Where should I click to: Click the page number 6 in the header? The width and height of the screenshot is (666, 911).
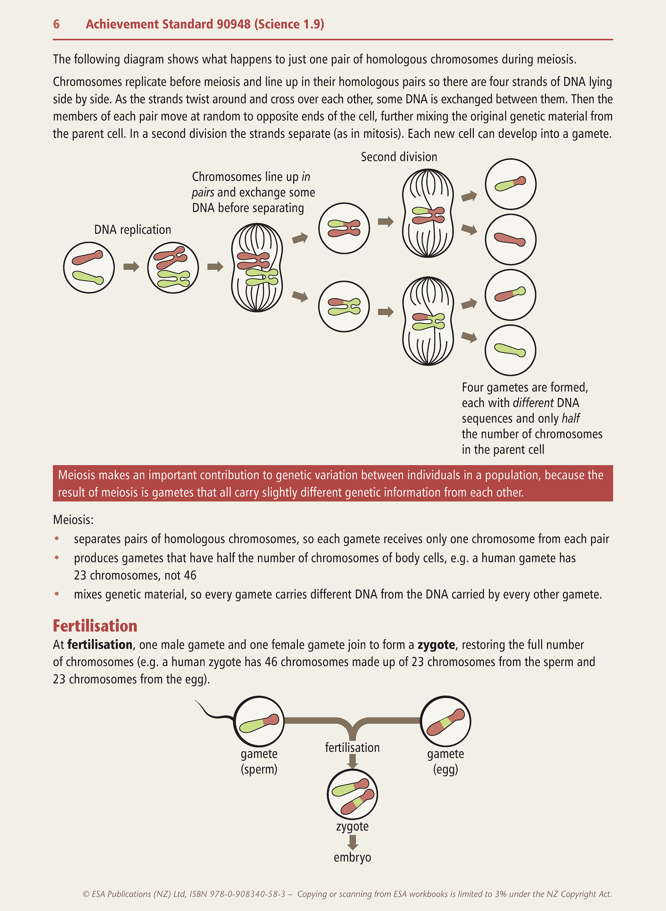56,24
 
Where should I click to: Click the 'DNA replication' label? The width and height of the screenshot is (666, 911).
133,230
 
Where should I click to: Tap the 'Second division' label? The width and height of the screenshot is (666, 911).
399,157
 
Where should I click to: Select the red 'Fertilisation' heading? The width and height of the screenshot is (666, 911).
95,626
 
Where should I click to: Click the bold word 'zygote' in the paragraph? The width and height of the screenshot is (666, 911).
436,645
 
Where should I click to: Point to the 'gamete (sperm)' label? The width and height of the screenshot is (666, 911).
259,761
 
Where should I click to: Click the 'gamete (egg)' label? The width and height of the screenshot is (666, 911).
446,761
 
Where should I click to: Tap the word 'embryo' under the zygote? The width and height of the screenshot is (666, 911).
353,857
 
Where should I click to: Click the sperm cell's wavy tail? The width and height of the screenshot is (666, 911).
214,713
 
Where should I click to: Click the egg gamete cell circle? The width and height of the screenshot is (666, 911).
446,721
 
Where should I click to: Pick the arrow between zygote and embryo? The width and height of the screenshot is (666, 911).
353,842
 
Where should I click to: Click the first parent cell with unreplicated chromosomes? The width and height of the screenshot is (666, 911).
89,267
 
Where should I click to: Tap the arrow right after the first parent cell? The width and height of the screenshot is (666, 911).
131,267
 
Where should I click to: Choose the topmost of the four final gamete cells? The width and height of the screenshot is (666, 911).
510,184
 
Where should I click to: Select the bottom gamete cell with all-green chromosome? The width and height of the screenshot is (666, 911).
510,350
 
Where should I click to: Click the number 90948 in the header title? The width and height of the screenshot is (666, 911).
233,24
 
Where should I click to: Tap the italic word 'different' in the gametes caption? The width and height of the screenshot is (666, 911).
533,403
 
